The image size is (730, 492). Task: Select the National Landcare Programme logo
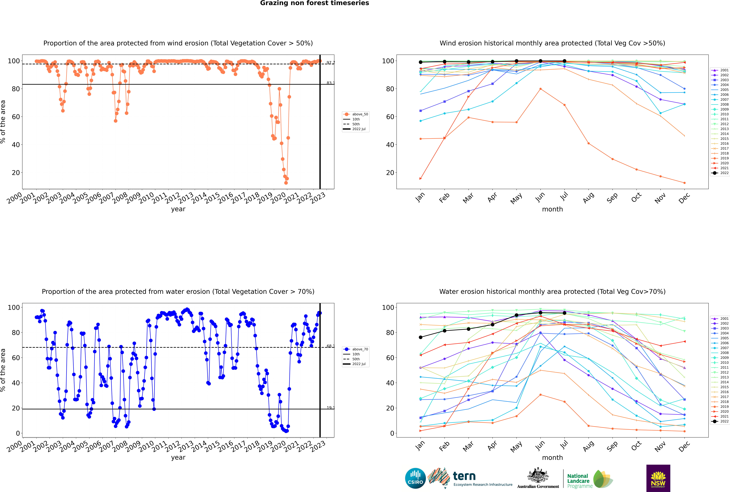tap(589, 479)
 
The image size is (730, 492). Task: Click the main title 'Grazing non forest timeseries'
tap(314, 3)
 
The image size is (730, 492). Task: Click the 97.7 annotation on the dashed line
tap(330, 63)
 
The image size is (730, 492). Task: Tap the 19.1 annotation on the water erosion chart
tap(330, 408)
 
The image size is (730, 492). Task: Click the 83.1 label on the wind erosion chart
tap(330, 83)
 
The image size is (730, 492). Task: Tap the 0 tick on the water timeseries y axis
tap(18, 433)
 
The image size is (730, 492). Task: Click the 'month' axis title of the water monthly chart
tap(552, 458)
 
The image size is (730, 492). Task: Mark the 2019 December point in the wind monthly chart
tap(685, 183)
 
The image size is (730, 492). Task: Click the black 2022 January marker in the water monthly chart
tap(421, 337)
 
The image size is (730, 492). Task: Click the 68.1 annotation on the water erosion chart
tap(330, 346)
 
